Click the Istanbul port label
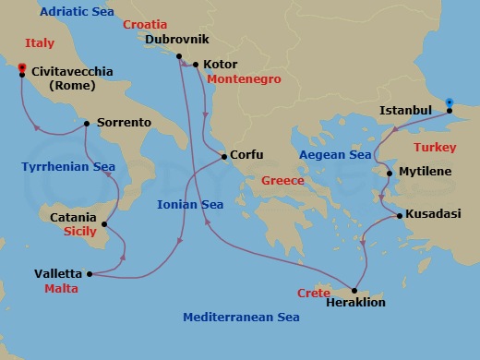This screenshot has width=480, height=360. coord(405,111)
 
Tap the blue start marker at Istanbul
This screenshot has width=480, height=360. coord(449,102)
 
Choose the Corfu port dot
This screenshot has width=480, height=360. coord(222,156)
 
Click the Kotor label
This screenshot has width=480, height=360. coord(220,65)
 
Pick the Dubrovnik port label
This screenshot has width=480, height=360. coord(178,39)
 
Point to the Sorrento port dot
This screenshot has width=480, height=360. coord(86,123)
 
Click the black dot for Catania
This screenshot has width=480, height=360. coord(105,222)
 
